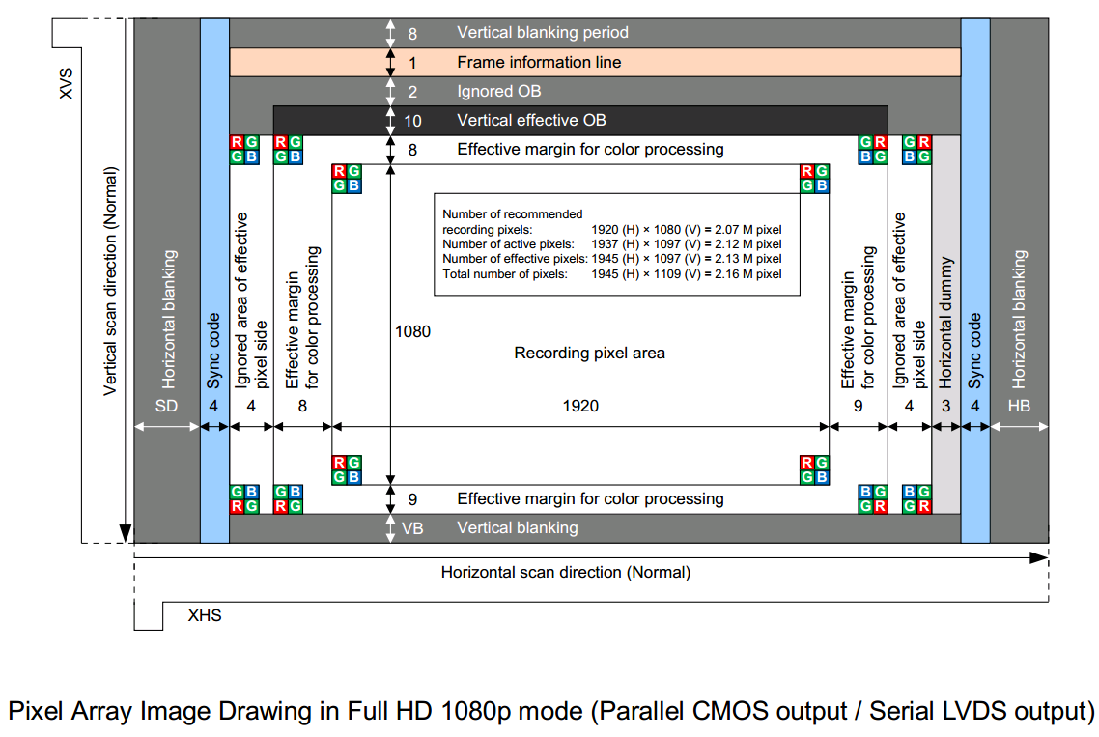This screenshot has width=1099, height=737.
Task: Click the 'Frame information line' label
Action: pos(539,62)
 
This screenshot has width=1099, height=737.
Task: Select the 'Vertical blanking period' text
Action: pos(543,33)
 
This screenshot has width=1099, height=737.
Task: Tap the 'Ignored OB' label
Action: pos(498,92)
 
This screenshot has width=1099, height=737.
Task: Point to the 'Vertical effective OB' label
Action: pos(531,121)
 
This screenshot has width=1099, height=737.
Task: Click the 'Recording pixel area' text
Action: pos(589,353)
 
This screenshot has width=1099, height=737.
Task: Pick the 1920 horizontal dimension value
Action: pos(580,406)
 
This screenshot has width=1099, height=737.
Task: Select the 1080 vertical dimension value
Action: pos(412,331)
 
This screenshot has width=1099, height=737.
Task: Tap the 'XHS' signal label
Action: pos(205,614)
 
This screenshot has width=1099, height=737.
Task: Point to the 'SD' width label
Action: pos(167,406)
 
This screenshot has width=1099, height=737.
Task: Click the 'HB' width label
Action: pos(1019,406)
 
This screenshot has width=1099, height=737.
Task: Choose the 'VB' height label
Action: pos(412,528)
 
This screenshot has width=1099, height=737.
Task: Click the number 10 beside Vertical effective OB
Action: pos(412,121)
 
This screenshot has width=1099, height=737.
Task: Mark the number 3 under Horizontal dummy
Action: pos(946,406)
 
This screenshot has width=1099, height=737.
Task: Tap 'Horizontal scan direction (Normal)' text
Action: pos(566,572)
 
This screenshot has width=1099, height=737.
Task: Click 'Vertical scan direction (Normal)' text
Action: pos(110,281)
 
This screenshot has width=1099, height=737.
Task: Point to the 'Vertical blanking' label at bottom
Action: pos(517,528)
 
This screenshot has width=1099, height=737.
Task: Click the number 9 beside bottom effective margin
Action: pos(412,499)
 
